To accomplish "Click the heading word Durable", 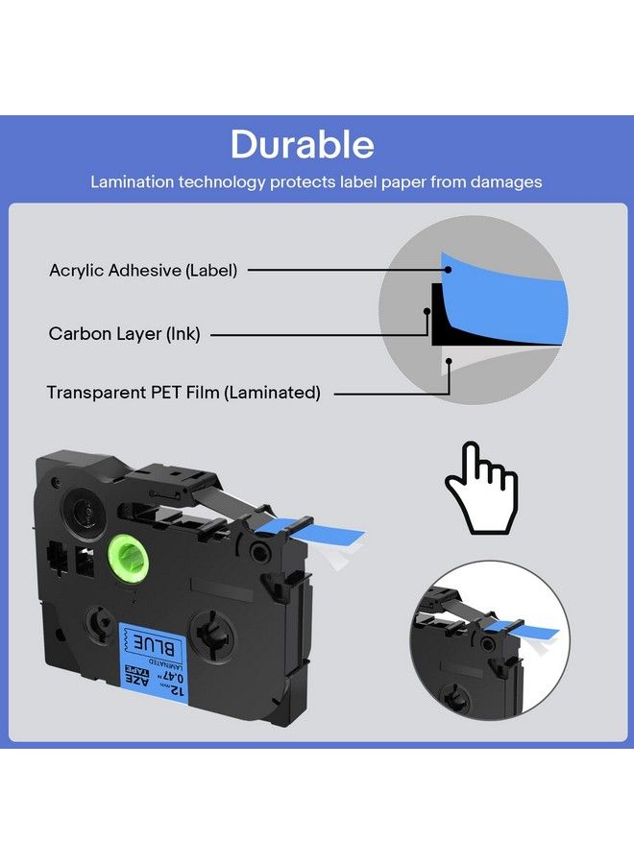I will point(302,144).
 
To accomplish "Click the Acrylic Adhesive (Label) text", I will point(143,271).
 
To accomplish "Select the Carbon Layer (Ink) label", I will point(124,334).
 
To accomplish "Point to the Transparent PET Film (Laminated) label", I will point(183,393).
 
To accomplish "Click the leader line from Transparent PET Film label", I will point(389,393).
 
